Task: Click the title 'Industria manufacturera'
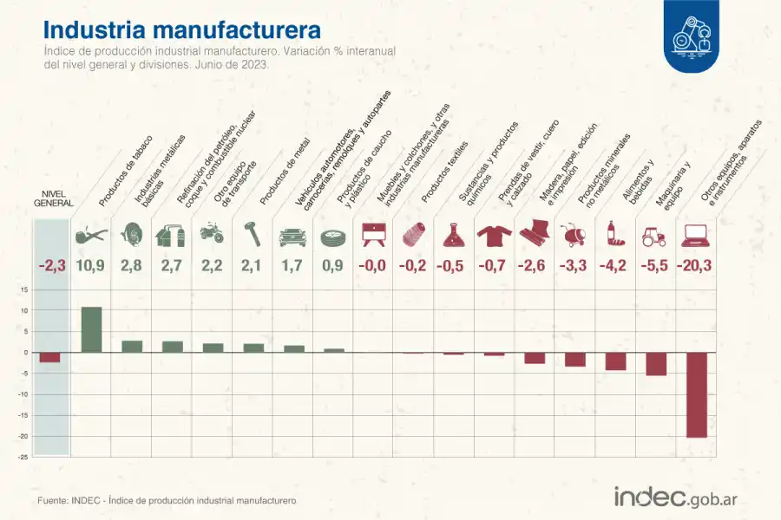click(181, 29)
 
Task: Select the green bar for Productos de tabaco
click(91, 329)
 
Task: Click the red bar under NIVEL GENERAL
click(49, 357)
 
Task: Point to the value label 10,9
click(91, 266)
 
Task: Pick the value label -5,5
click(655, 266)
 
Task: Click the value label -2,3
click(49, 266)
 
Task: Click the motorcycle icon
click(212, 233)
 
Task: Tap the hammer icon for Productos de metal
click(253, 233)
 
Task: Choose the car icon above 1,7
click(292, 234)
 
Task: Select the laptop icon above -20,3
click(696, 234)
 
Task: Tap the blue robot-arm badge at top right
click(697, 35)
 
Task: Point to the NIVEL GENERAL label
click(53, 198)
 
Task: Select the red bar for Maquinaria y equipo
click(656, 364)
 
